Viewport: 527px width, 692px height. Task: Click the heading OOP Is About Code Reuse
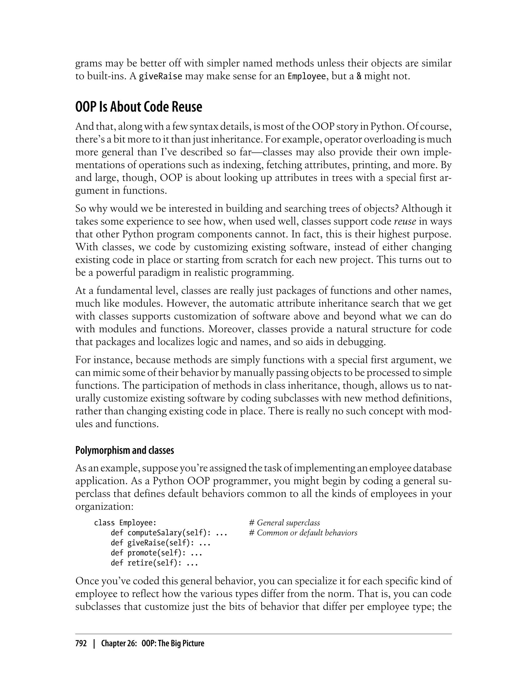139,107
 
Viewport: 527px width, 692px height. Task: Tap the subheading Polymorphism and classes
125,450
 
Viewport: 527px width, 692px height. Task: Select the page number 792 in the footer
81,643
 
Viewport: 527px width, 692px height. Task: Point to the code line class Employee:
125,523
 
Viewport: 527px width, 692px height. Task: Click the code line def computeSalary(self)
169,533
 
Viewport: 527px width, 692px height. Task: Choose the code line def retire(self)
154,563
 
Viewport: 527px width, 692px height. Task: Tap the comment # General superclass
284,523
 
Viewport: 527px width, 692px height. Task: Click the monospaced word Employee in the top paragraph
306,76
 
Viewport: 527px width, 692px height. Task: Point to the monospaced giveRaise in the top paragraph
160,76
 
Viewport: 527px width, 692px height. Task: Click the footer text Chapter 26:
119,643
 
